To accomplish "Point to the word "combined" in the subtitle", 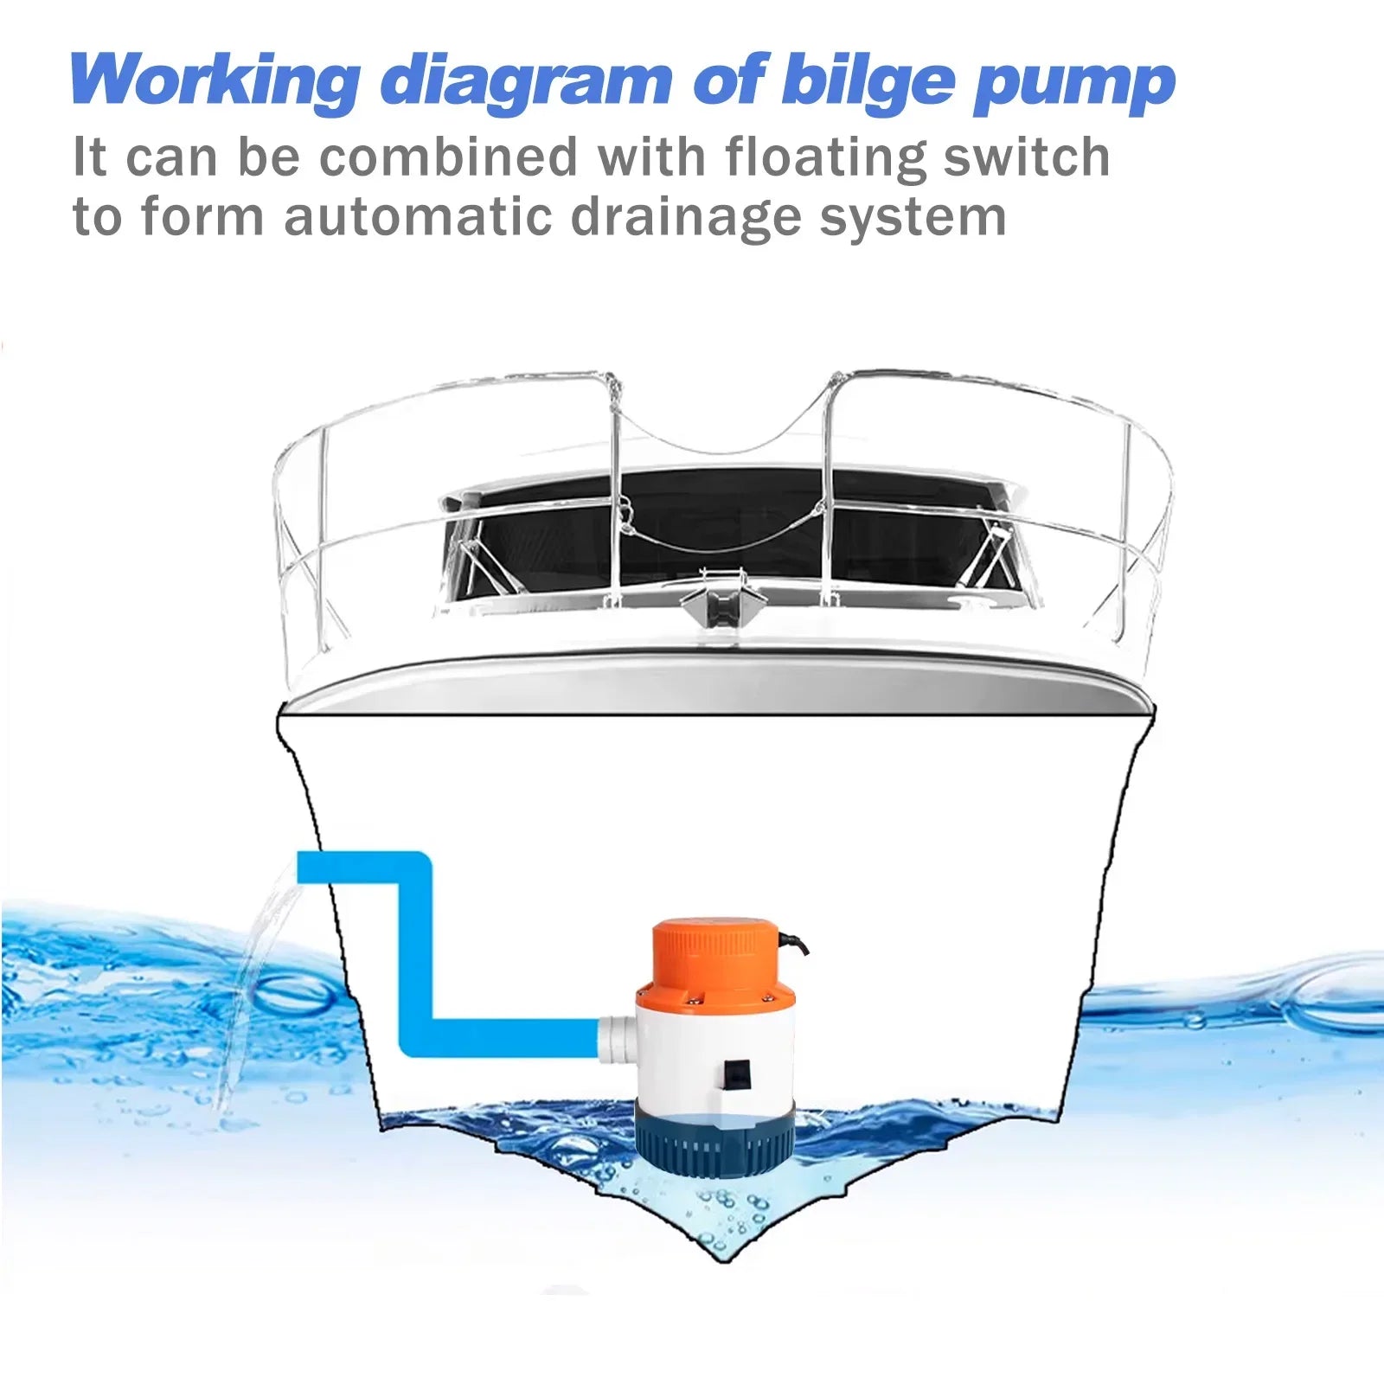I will click(x=448, y=157).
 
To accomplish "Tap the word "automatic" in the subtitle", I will click(x=417, y=216).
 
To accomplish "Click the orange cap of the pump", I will click(x=717, y=956).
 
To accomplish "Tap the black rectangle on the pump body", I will click(x=734, y=1073).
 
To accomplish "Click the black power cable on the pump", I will click(x=795, y=942).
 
